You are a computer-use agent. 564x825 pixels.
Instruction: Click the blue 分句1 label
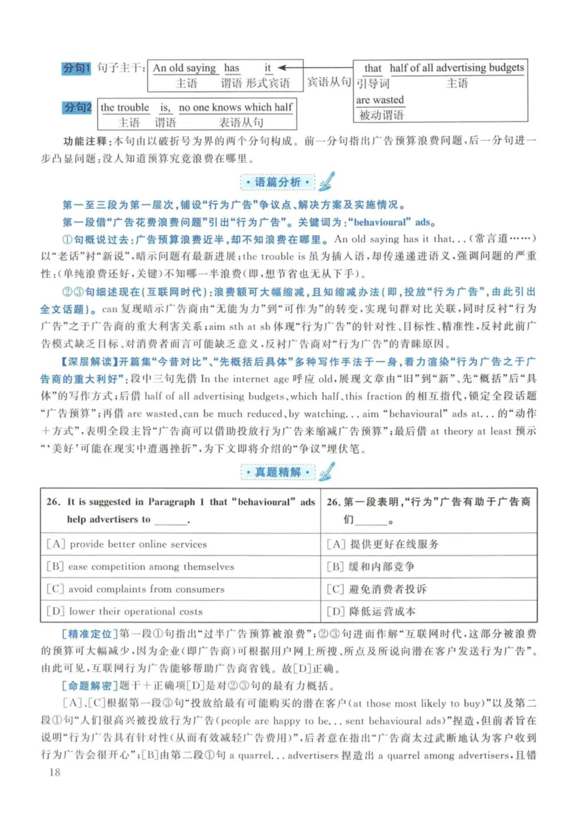[x=78, y=68]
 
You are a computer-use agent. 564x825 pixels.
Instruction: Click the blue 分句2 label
[x=78, y=108]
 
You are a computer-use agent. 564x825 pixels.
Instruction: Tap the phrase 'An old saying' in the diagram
[x=185, y=68]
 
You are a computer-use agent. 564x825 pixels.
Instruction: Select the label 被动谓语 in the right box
[x=381, y=114]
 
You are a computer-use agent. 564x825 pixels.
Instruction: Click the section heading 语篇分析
[x=276, y=183]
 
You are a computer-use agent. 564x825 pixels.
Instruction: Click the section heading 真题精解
[x=276, y=471]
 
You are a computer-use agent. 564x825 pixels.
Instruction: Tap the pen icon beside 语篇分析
[x=325, y=181]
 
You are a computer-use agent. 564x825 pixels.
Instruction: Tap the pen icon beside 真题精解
[x=325, y=469]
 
